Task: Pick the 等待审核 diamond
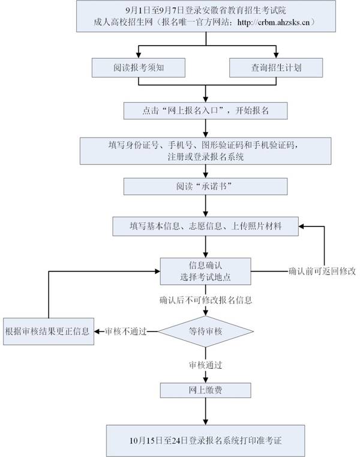point(205,331)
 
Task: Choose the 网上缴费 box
point(206,390)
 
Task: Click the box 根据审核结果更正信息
point(48,331)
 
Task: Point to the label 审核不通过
point(125,331)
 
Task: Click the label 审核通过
point(206,364)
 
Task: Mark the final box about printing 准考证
point(206,440)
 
